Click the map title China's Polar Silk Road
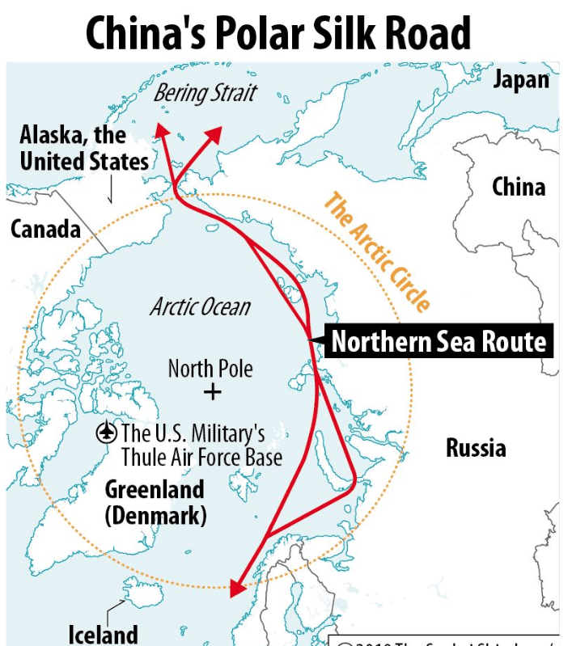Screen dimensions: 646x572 tap(278, 33)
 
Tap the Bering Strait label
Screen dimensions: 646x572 tap(205, 94)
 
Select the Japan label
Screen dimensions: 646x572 tap(520, 80)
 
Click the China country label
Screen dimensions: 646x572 tap(519, 187)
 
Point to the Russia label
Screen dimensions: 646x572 tap(476, 447)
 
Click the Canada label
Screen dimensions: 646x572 tap(45, 229)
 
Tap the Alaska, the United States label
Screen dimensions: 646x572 tap(84, 147)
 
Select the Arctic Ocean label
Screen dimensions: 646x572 tap(200, 307)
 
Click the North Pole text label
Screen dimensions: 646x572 tap(210, 369)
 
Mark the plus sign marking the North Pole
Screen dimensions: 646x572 tap(212, 393)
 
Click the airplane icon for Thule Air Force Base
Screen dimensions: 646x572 tap(106, 433)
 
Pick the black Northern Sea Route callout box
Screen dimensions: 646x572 tap(439, 342)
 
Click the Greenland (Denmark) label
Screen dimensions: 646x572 tap(155, 502)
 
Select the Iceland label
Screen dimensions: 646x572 tap(103, 633)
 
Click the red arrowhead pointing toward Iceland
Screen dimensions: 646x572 tap(236, 587)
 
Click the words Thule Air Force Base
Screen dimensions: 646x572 tap(201, 457)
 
